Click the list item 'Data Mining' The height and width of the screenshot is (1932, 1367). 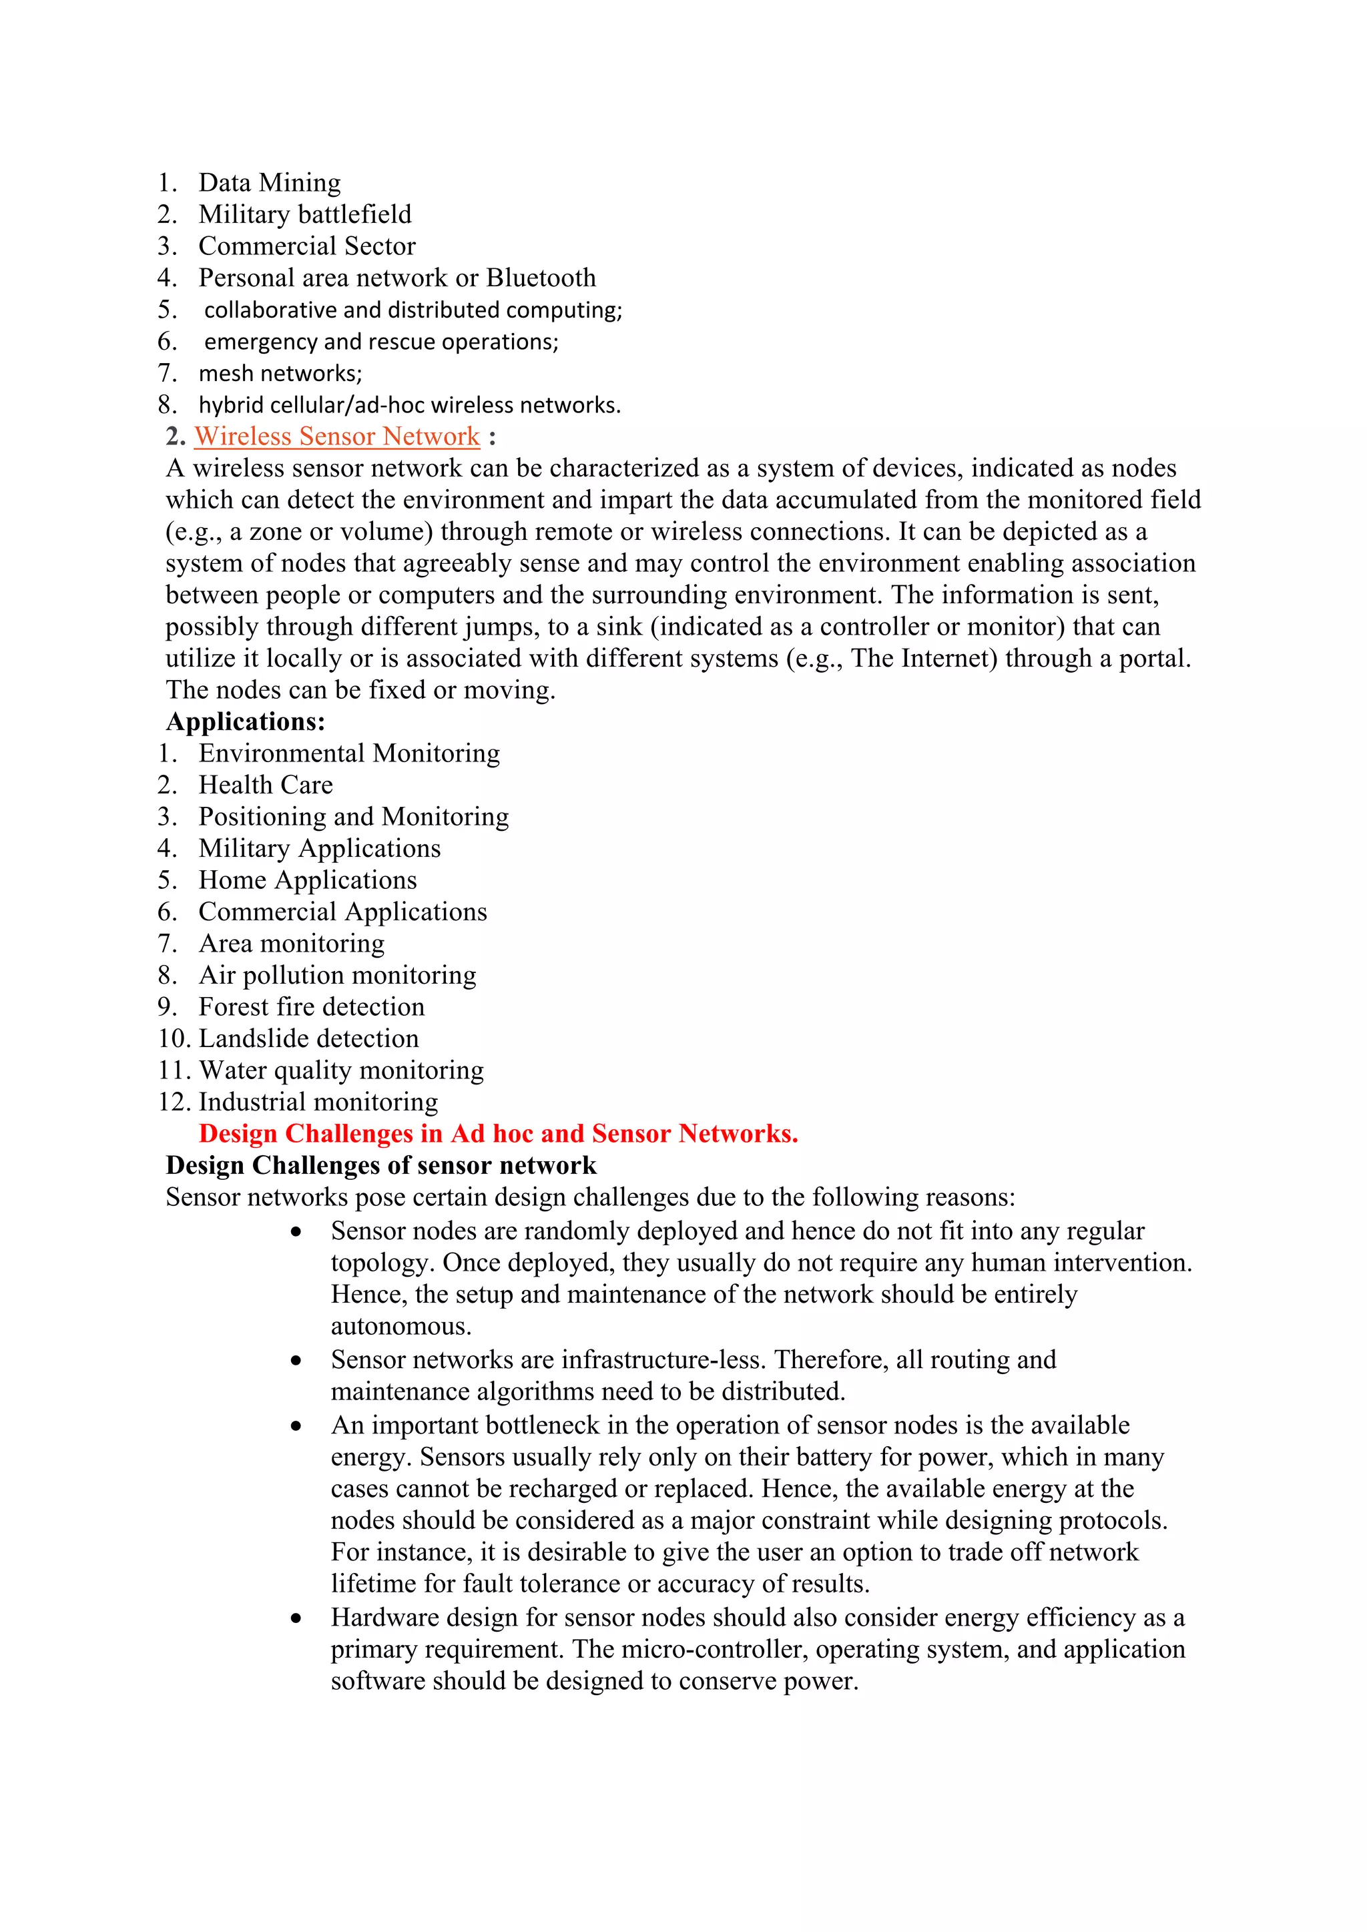pyautogui.click(x=270, y=184)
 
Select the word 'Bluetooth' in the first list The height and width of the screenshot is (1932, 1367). pyautogui.click(x=541, y=278)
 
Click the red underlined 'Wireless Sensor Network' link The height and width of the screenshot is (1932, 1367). pyautogui.click(x=336, y=436)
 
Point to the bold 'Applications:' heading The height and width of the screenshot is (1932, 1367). pyautogui.click(x=245, y=722)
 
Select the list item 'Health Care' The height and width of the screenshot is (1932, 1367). pyautogui.click(x=265, y=785)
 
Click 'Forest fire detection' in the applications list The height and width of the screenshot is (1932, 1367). pyautogui.click(x=312, y=1007)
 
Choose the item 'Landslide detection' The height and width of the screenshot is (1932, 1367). pyautogui.click(x=308, y=1039)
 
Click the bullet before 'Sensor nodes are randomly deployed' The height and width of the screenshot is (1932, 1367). pyautogui.click(x=296, y=1233)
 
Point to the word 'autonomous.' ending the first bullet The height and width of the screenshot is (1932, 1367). pyautogui.click(x=400, y=1327)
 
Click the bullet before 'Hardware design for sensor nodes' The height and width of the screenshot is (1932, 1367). pyautogui.click(x=296, y=1619)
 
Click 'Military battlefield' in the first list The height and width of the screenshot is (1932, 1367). pyautogui.click(x=305, y=216)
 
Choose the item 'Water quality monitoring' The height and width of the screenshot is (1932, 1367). pyautogui.click(x=341, y=1071)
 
